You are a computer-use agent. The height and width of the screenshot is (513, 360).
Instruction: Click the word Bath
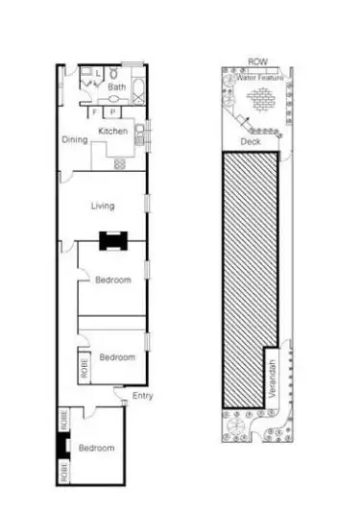click(116, 87)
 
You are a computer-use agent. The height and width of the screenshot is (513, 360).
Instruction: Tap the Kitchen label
click(112, 131)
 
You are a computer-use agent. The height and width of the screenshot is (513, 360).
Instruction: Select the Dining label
click(75, 140)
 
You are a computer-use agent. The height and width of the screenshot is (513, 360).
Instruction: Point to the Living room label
click(103, 205)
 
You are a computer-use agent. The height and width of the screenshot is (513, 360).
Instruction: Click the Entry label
click(142, 396)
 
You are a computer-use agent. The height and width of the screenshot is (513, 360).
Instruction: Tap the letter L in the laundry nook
click(98, 72)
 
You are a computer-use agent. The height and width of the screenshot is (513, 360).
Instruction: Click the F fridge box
click(95, 111)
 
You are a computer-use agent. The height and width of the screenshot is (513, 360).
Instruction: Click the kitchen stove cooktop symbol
click(120, 163)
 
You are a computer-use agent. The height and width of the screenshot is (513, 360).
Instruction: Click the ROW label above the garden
click(257, 61)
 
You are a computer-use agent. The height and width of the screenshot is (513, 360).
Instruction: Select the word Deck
click(251, 142)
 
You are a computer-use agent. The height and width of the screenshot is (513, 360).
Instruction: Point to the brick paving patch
click(259, 99)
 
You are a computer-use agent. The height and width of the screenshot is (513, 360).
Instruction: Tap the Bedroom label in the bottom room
click(96, 448)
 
